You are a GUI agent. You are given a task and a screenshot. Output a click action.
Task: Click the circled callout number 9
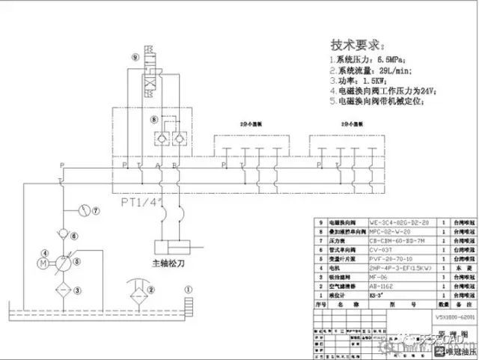tap(135, 56)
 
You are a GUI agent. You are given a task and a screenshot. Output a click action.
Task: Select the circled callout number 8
tap(155, 119)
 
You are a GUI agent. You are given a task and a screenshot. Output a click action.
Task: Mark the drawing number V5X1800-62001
tap(456, 316)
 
